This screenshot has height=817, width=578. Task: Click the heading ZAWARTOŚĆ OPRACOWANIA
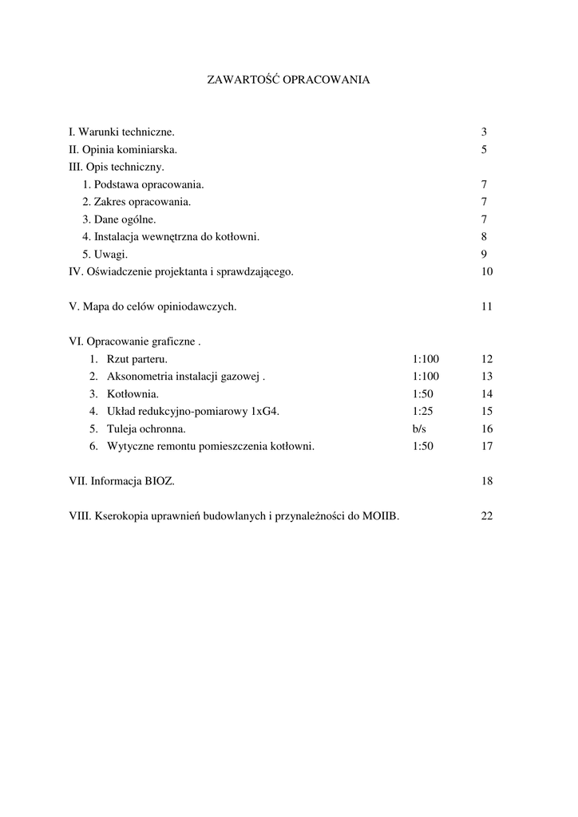point(288,80)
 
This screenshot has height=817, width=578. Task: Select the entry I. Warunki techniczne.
point(121,132)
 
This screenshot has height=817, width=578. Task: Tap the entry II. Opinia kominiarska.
point(123,149)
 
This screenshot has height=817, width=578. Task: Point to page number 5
point(484,149)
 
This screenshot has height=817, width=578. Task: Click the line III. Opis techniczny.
point(117,167)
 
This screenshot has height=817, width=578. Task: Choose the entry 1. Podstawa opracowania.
point(143,184)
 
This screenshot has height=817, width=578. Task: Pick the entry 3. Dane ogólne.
point(119,219)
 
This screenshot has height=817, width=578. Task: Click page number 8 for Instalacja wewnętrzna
point(484,237)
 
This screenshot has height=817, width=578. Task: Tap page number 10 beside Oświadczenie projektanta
point(487,272)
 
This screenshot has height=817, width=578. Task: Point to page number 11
point(487,307)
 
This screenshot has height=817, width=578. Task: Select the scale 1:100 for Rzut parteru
point(426,359)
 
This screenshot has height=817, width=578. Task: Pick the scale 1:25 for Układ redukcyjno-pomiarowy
point(423,412)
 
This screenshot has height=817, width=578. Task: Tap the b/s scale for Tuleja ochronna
point(419,429)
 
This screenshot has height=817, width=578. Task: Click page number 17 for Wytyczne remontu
point(487,447)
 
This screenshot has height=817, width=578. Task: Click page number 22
point(487,516)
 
